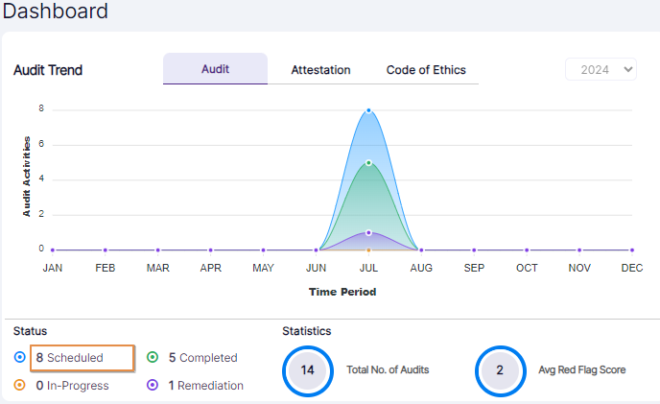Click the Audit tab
pyautogui.click(x=215, y=69)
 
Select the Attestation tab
pyautogui.click(x=320, y=70)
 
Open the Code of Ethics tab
pyautogui.click(x=426, y=70)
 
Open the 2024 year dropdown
pyautogui.click(x=601, y=69)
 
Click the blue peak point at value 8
pyautogui.click(x=368, y=110)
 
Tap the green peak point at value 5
pyautogui.click(x=368, y=162)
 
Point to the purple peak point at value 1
pyautogui.click(x=368, y=232)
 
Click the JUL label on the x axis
pyautogui.click(x=368, y=269)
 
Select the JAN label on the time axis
pyautogui.click(x=53, y=269)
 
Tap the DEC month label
pyautogui.click(x=631, y=269)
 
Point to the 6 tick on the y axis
pyautogui.click(x=41, y=144)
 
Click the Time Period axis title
pyautogui.click(x=342, y=292)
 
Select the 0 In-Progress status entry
pyautogui.click(x=71, y=386)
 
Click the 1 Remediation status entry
pyautogui.click(x=205, y=386)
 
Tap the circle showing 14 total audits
pyautogui.click(x=308, y=369)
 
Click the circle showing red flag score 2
pyautogui.click(x=500, y=369)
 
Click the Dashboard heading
pyautogui.click(x=55, y=12)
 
